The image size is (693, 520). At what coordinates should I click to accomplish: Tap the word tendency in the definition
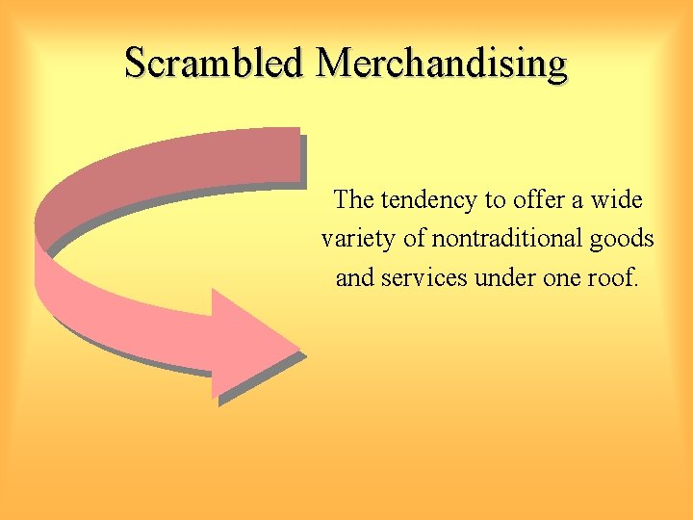(430, 200)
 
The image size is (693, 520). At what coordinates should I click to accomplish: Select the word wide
(616, 200)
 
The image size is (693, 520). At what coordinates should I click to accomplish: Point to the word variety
(357, 239)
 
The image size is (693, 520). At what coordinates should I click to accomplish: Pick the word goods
(623, 238)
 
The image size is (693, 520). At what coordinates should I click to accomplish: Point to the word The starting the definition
(353, 200)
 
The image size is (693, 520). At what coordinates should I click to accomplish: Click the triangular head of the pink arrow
(250, 344)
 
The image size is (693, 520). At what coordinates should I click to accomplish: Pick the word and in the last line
(354, 277)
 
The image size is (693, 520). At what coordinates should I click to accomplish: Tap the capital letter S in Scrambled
(136, 64)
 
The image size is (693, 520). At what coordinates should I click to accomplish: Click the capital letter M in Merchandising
(335, 64)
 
